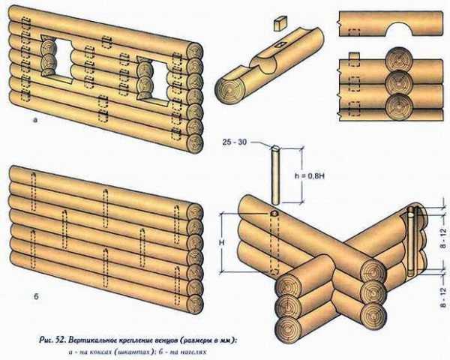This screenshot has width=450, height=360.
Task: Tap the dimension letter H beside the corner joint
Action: pos(223,242)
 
